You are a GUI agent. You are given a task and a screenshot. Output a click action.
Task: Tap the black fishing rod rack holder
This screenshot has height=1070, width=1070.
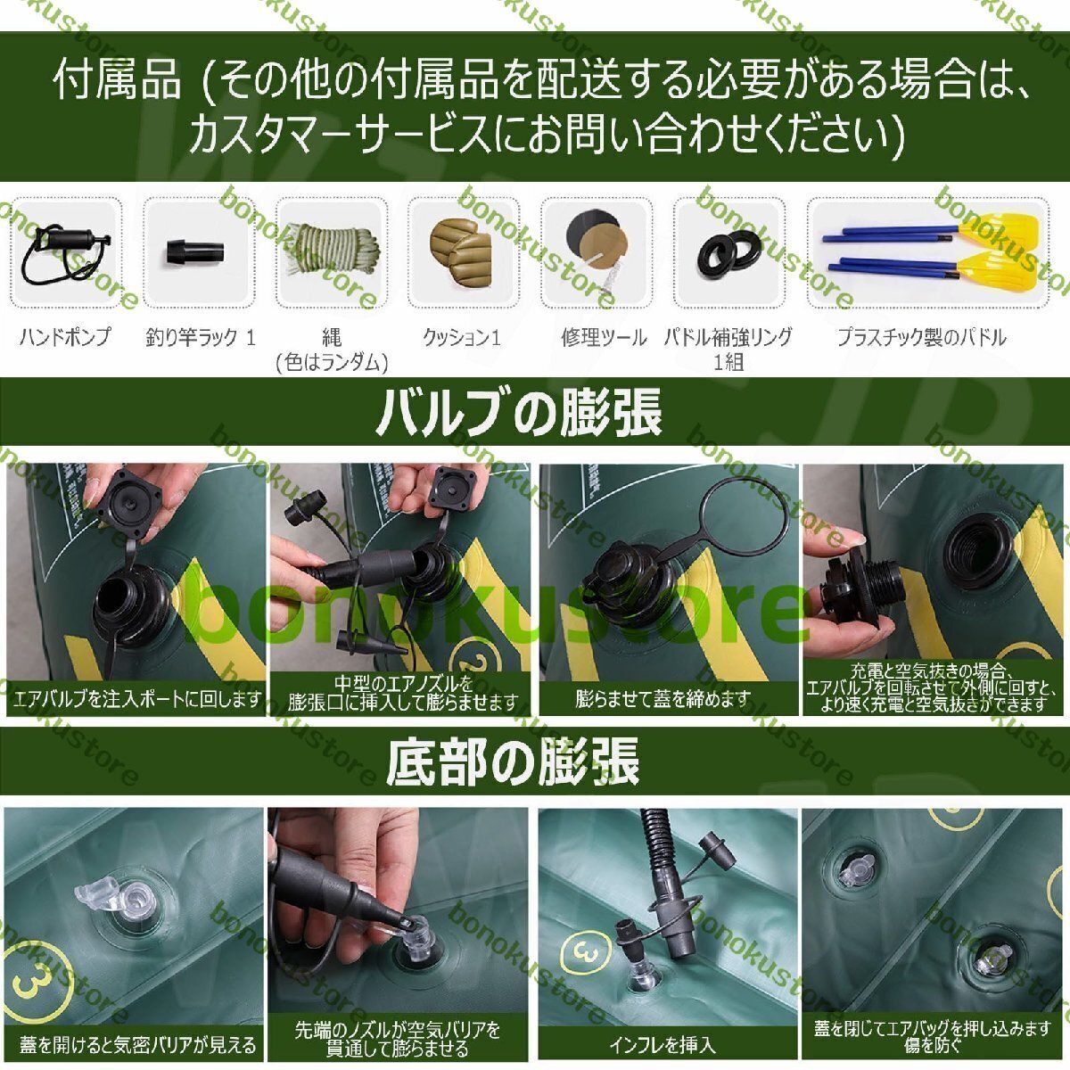[x=194, y=252]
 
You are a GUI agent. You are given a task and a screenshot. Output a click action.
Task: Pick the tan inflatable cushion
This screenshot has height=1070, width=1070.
[x=461, y=251]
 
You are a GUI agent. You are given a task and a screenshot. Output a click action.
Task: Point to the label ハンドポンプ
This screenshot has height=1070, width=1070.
[x=65, y=337]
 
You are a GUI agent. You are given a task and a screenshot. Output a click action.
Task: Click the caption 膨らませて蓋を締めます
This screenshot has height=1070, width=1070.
[x=663, y=698]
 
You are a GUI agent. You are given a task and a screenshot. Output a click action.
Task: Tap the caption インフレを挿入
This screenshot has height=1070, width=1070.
[x=662, y=1045]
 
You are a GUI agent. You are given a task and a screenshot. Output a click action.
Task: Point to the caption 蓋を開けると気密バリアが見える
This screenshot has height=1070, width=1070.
[x=137, y=1045]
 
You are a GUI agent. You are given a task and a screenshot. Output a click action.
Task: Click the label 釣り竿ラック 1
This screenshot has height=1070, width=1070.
[x=201, y=337]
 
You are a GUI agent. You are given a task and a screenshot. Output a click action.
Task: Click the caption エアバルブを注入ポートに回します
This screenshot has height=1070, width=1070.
[x=137, y=699]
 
